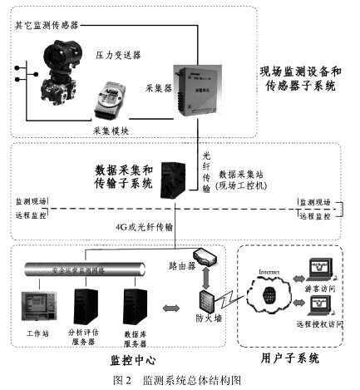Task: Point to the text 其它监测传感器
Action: [x=47, y=27]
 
